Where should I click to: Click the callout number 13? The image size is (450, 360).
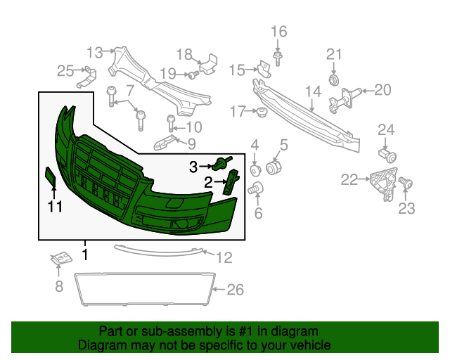(94, 51)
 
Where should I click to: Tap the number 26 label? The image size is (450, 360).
(236, 289)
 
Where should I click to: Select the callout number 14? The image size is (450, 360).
(313, 91)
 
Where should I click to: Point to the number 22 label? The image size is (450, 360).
(349, 180)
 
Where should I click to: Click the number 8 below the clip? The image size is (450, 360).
(59, 286)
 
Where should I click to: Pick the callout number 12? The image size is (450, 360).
(224, 257)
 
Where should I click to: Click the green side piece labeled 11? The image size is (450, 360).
(51, 176)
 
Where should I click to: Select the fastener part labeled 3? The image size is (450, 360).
(224, 165)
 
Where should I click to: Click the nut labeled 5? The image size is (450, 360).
(274, 169)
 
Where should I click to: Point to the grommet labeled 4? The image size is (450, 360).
(255, 170)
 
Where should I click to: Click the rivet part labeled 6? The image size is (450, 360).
(256, 188)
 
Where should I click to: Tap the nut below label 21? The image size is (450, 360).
(333, 79)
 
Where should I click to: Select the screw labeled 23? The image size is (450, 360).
(405, 184)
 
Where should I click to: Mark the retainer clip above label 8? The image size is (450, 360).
(61, 259)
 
